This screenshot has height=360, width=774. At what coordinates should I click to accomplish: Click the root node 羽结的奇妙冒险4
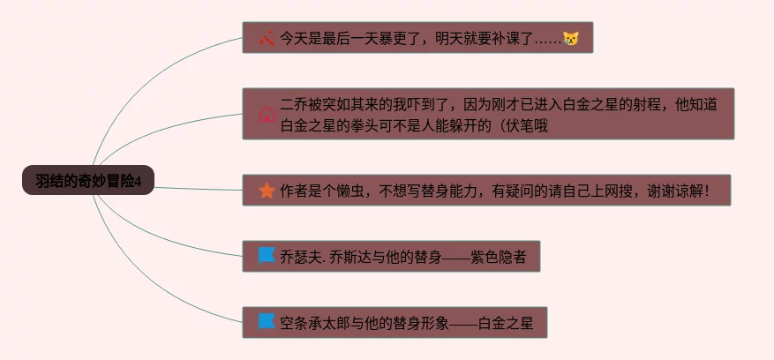point(88,181)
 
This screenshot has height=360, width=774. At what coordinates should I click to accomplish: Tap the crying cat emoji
point(571,39)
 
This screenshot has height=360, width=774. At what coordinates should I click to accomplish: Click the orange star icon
point(267,190)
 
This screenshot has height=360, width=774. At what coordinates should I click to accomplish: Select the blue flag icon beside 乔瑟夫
point(267,256)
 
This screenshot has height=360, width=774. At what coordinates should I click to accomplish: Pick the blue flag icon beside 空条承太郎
point(267,322)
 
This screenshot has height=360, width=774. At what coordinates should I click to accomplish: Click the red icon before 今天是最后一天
point(267,38)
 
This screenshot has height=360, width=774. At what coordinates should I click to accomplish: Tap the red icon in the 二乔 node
point(267,115)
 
